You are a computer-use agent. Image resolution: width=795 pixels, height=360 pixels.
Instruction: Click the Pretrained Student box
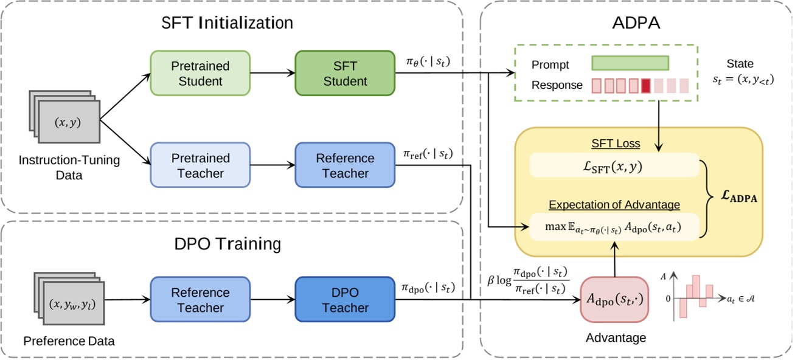pos(200,73)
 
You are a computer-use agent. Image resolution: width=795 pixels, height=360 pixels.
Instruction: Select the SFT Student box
pos(345,73)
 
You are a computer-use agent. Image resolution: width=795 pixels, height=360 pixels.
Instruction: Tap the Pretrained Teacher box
pos(200,165)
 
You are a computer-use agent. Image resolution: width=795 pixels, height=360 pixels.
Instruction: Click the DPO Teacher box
pos(345,300)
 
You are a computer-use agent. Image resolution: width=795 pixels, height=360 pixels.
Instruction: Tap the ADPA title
pos(629,23)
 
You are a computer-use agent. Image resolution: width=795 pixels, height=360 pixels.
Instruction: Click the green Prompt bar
pos(630,64)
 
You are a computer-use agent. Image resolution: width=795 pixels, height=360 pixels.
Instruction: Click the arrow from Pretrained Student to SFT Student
pos(272,73)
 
